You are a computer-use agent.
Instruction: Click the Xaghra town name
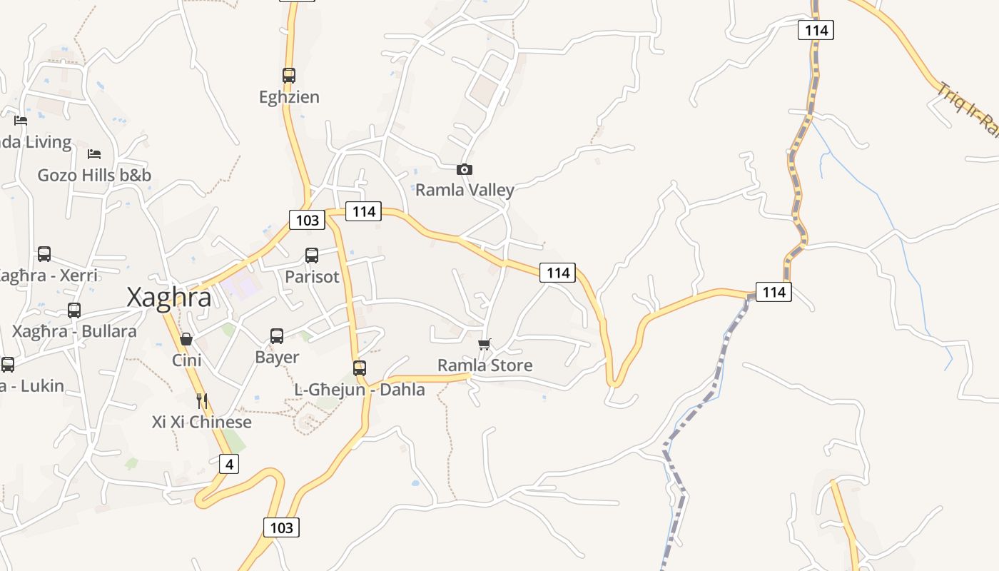169,297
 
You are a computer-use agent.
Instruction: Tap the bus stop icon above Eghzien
288,75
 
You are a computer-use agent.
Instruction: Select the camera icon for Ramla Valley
465,169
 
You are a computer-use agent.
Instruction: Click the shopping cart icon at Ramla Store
485,345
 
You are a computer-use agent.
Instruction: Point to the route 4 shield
228,464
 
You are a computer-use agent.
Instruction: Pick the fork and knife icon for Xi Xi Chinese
202,400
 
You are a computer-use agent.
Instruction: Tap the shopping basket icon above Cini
186,338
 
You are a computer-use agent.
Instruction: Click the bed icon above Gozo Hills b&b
93,153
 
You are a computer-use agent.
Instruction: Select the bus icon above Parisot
312,255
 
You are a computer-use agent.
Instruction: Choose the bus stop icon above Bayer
277,335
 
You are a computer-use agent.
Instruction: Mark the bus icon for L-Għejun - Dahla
360,368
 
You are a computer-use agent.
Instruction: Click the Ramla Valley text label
465,190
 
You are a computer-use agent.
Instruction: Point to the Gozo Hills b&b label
94,175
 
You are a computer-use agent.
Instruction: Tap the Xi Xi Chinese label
202,422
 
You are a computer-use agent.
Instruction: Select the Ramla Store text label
485,365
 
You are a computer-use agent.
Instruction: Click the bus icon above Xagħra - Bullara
74,310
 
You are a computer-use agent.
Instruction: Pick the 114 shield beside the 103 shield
363,211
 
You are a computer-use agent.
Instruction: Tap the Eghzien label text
289,96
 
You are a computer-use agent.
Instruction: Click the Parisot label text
312,276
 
